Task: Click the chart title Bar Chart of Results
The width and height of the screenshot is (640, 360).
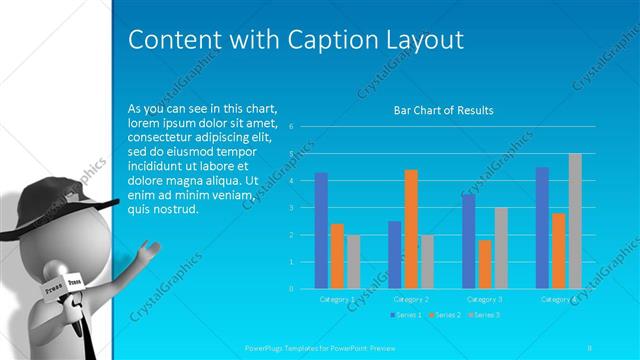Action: [x=444, y=110]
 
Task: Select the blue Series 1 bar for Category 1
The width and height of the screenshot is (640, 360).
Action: [x=321, y=230]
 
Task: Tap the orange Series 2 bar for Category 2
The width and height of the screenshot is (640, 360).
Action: [x=411, y=229]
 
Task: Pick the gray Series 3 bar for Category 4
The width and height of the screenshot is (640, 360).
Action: [x=575, y=221]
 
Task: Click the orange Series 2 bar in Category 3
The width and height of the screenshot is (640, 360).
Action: [x=485, y=264]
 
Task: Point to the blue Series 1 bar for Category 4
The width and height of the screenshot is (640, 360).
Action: [x=542, y=228]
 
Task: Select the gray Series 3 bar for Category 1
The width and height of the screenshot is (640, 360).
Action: [x=353, y=261]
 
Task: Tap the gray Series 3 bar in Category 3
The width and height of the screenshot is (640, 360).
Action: [x=501, y=248]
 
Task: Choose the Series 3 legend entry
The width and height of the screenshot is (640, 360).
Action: [x=484, y=315]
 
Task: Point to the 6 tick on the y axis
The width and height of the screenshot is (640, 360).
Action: [x=290, y=127]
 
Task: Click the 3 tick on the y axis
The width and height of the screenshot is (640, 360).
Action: [x=290, y=208]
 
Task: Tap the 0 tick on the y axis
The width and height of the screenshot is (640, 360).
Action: [x=290, y=288]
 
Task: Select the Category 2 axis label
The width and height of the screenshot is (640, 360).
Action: [x=411, y=299]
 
